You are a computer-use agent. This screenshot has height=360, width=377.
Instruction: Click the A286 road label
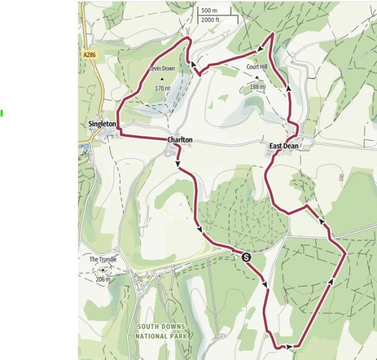point(90,55)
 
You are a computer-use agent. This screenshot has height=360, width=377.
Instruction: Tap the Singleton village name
point(102,124)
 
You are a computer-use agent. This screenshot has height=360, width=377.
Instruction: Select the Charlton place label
point(179,139)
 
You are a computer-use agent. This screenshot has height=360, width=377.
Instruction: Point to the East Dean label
point(283,146)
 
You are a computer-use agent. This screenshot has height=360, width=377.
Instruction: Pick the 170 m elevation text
point(162,89)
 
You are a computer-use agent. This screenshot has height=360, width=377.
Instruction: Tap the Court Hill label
point(256,67)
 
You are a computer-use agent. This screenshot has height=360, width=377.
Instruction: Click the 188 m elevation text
point(257,87)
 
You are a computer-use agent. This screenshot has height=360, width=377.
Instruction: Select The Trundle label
point(102,259)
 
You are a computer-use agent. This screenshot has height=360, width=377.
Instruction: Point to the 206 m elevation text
point(103,279)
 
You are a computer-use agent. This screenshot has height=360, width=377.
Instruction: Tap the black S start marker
point(246,257)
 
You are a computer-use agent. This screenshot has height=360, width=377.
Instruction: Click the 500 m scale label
point(209,11)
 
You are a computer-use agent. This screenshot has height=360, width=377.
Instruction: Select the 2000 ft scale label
point(210,19)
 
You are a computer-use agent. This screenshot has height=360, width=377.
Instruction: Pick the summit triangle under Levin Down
point(161,79)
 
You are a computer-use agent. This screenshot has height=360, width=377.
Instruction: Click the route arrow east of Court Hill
point(288,89)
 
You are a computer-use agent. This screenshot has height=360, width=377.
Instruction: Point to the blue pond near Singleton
point(84,147)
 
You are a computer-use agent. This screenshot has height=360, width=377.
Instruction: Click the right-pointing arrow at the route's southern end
point(289,346)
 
